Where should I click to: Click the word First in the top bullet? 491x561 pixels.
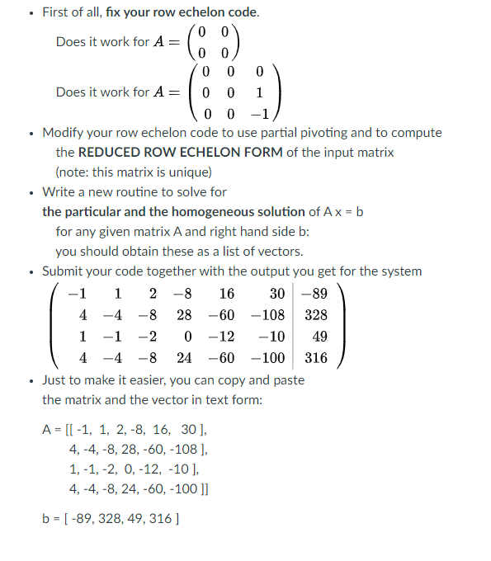[x=56, y=13]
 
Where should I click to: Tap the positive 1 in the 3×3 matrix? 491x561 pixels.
[x=261, y=93]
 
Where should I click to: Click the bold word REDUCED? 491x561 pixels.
[x=135, y=153]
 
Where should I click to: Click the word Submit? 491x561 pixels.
[x=64, y=271]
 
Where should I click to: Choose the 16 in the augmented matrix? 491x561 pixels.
[x=226, y=294]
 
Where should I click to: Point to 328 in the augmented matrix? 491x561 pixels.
[x=316, y=315]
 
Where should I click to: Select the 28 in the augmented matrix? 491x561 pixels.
[x=185, y=315]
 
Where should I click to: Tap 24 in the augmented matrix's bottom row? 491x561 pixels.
[x=185, y=358]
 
